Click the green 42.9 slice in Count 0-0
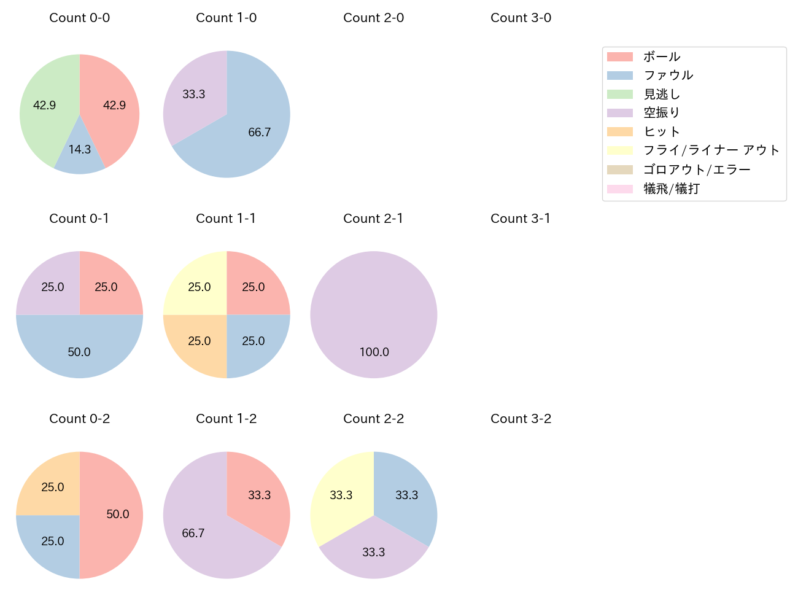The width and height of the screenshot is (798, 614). pyautogui.click(x=46, y=107)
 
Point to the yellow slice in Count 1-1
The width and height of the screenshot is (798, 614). pyautogui.click(x=196, y=286)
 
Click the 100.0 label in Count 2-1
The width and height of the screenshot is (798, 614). pyautogui.click(x=374, y=352)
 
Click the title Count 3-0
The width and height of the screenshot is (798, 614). pyautogui.click(x=521, y=18)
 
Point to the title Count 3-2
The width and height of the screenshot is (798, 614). pyautogui.click(x=521, y=419)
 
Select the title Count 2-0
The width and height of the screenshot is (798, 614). pyautogui.click(x=373, y=18)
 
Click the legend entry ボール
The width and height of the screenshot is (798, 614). pyautogui.click(x=662, y=56)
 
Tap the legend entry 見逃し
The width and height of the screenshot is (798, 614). pyautogui.click(x=662, y=94)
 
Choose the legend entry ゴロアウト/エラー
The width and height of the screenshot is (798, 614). pyautogui.click(x=697, y=169)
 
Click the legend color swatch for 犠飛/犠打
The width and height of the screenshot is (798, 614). pyautogui.click(x=620, y=188)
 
